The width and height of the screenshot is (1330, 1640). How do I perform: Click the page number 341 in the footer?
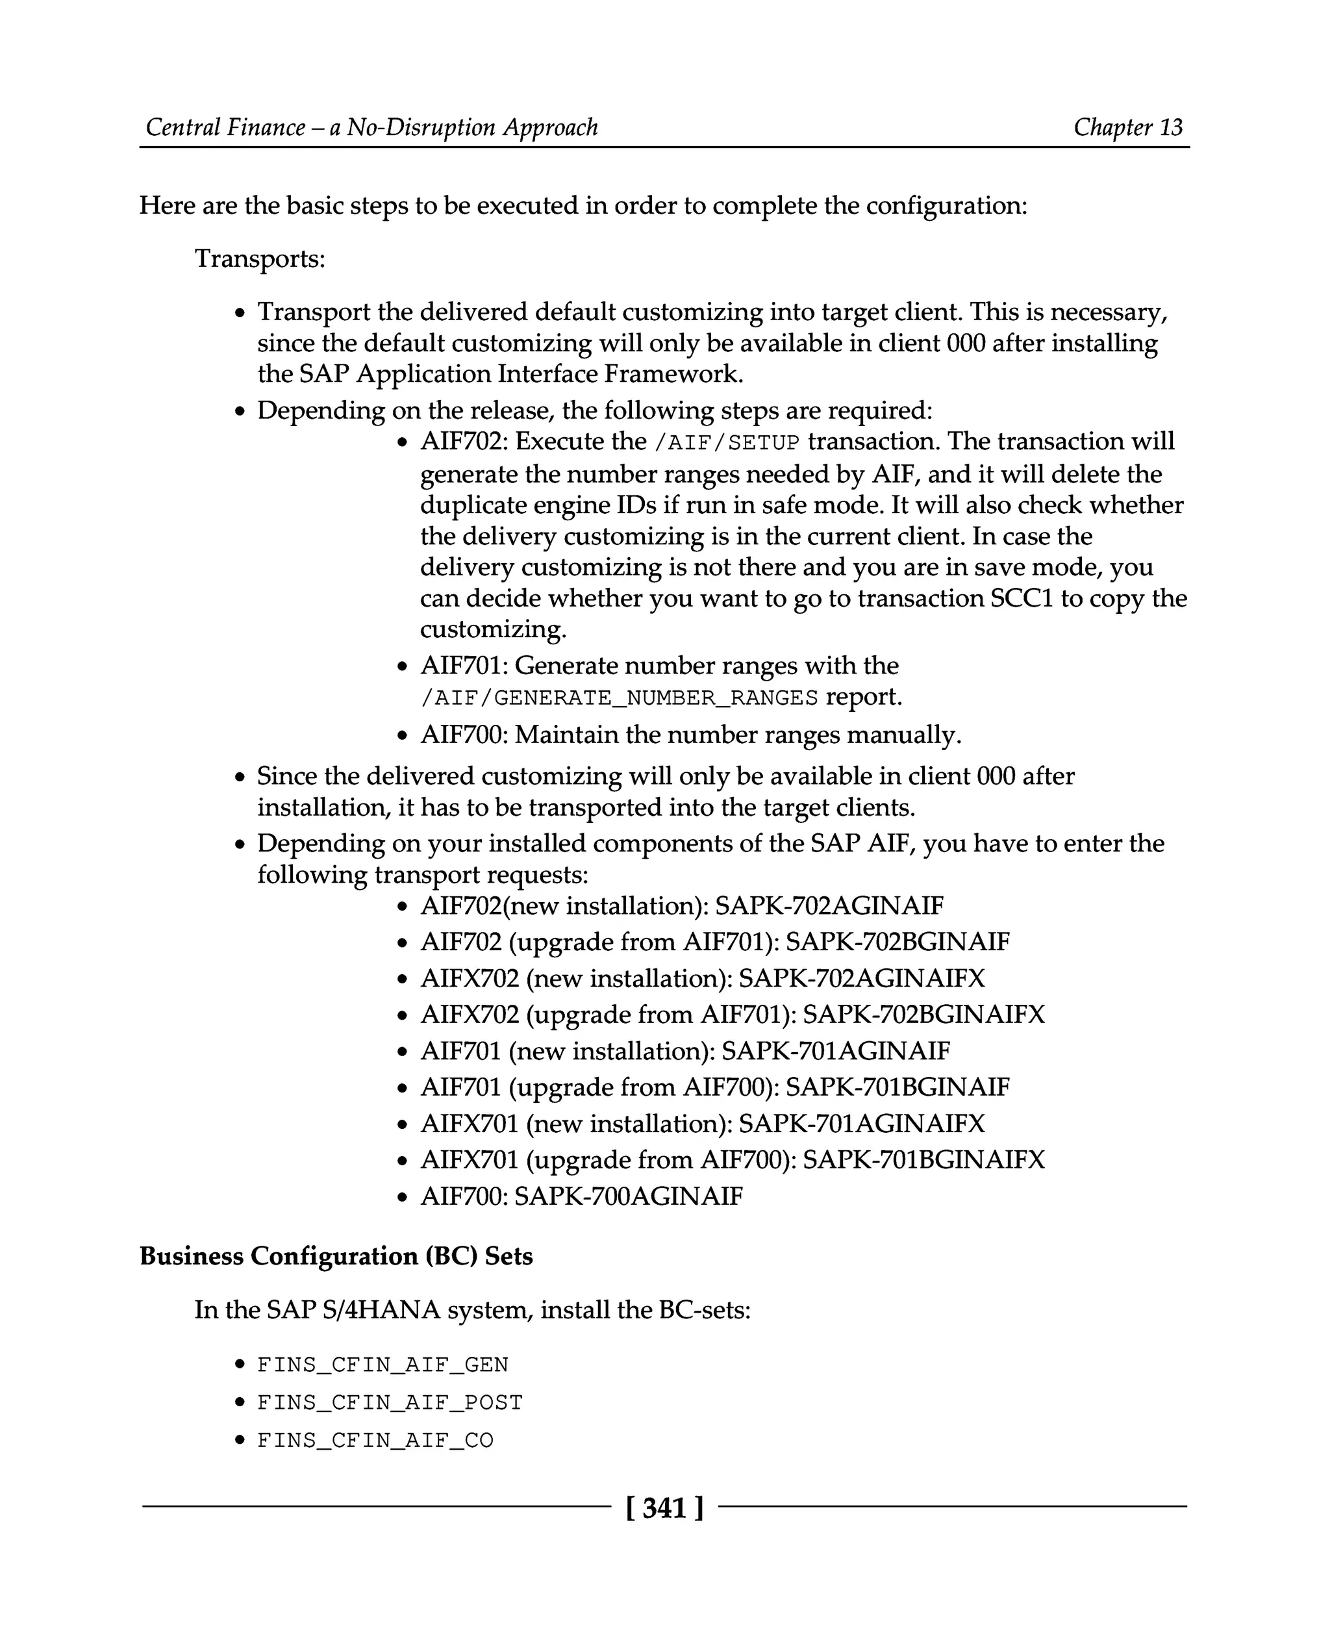click(664, 1508)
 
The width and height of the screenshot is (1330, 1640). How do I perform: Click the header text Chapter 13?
click(1128, 127)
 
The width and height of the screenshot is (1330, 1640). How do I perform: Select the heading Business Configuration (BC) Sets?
click(336, 1256)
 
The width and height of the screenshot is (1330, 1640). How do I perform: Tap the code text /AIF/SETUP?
click(725, 443)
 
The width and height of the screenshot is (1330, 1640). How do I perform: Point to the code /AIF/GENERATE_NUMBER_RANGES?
click(619, 698)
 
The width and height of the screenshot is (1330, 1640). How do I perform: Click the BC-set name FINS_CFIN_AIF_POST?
click(389, 1402)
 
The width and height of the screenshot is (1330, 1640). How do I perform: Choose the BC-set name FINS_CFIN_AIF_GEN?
click(383, 1365)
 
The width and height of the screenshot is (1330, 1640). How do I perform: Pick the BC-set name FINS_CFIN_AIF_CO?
click(375, 1441)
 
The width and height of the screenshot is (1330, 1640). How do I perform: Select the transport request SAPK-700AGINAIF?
click(628, 1196)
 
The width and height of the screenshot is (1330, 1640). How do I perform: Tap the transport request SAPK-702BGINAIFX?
click(923, 1015)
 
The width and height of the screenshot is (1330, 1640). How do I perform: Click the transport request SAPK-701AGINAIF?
click(835, 1051)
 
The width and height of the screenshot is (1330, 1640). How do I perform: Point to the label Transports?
click(260, 259)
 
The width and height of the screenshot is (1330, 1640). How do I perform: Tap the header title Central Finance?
click(225, 127)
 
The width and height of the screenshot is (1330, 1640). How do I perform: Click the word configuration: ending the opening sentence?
click(946, 206)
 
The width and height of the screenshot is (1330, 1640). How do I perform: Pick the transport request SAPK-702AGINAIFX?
click(861, 979)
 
